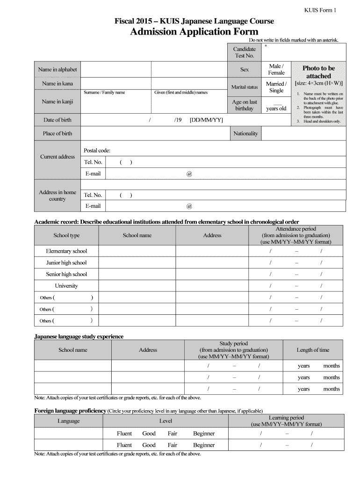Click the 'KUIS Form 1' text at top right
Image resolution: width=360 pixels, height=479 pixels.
pyautogui.click(x=320, y=10)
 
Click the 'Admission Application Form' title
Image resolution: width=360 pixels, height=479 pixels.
pyautogui.click(x=194, y=31)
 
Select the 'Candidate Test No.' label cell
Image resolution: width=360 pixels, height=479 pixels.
pyautogui.click(x=244, y=52)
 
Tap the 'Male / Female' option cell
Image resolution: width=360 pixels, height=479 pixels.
pyautogui.click(x=276, y=70)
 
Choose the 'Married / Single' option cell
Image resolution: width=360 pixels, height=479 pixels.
pyautogui.click(x=276, y=87)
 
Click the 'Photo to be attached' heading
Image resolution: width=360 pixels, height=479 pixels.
pyautogui.click(x=318, y=72)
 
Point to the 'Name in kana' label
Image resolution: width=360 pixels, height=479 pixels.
pyautogui.click(x=58, y=84)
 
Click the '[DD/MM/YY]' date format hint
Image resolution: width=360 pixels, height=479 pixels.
pyautogui.click(x=206, y=120)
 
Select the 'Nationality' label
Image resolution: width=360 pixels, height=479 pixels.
pyautogui.click(x=245, y=134)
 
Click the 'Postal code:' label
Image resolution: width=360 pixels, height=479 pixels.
pyautogui.click(x=97, y=151)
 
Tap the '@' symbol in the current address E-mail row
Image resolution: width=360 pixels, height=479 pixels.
pyautogui.click(x=189, y=174)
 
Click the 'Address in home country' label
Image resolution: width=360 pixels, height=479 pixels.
pyautogui.click(x=58, y=196)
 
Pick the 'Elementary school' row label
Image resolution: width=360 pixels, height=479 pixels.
pyautogui.click(x=66, y=251)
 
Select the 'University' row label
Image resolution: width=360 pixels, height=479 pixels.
pyautogui.click(x=66, y=286)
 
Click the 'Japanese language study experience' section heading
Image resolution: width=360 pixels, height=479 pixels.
pyautogui.click(x=79, y=336)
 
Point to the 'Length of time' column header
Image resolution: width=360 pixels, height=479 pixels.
pyautogui.click(x=313, y=350)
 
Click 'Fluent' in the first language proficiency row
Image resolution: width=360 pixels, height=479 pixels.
pyautogui.click(x=124, y=434)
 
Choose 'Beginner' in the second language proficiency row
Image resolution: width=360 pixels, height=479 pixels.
pyautogui.click(x=204, y=445)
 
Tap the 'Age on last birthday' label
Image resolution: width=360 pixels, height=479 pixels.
pyautogui.click(x=244, y=105)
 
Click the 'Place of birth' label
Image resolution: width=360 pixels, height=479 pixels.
pyautogui.click(x=58, y=134)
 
